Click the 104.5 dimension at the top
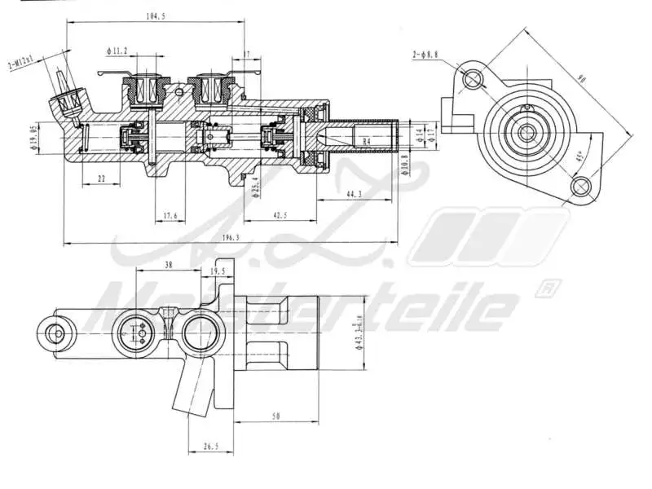click(155, 16)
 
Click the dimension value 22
click(100, 178)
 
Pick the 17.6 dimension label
click(170, 216)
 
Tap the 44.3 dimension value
click(355, 193)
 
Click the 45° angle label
click(579, 156)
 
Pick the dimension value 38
click(168, 265)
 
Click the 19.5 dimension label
click(218, 271)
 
